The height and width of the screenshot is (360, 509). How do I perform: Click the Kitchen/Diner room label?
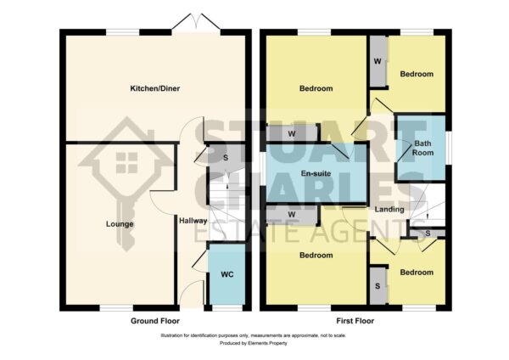[x=155, y=88]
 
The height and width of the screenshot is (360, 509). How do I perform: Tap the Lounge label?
[x=120, y=224]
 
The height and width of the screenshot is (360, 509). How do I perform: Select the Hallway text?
[x=193, y=221]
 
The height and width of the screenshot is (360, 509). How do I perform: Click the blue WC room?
[x=227, y=274]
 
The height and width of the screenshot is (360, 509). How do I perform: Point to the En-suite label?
[x=316, y=173]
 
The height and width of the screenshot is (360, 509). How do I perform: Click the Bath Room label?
[x=422, y=148]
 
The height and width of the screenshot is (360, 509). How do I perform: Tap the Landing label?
[x=389, y=210]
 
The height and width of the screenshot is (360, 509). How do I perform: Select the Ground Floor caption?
[x=155, y=321]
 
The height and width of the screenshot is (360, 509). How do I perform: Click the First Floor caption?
[x=355, y=321]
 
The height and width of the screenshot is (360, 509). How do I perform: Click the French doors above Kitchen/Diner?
[x=196, y=22]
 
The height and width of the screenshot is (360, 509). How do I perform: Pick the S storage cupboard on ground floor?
[x=226, y=158]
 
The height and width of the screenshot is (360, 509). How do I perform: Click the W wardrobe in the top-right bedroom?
[x=378, y=61]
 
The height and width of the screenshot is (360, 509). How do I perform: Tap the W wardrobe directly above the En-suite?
[x=292, y=133]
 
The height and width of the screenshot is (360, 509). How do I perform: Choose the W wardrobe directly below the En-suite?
[x=292, y=215]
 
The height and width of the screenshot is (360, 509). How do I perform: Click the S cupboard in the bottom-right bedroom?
[x=378, y=286]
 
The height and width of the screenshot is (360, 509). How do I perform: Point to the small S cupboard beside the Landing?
[x=428, y=233]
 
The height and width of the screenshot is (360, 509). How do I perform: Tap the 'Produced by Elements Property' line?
[x=253, y=343]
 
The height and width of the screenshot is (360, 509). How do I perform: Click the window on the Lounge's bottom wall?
[x=116, y=307]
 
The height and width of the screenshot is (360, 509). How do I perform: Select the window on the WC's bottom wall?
[x=227, y=307]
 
